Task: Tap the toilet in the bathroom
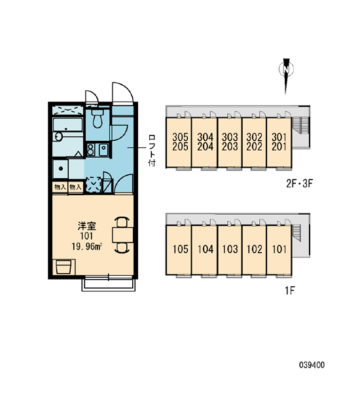[98, 118]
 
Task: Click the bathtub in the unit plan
[67, 124]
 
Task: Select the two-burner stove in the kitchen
[90, 149]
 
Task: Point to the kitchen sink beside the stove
[103, 149]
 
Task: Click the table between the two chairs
[122, 235]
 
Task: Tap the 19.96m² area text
[86, 247]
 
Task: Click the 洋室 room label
[86, 226]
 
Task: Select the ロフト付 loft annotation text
[152, 151]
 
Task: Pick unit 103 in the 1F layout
[230, 250]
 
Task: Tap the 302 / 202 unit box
[254, 142]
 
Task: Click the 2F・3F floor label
[300, 183]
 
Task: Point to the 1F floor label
[289, 291]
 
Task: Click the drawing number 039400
[312, 365]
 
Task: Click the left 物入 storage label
[60, 187]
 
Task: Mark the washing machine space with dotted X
[93, 185]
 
